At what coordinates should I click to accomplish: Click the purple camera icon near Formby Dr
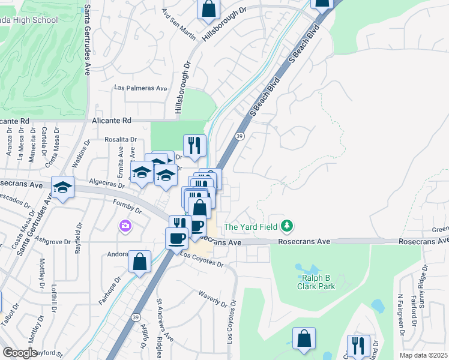pyautogui.click(x=125, y=226)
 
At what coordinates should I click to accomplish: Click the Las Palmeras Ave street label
pyautogui.click(x=141, y=88)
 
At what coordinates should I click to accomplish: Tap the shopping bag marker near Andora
pyautogui.click(x=139, y=262)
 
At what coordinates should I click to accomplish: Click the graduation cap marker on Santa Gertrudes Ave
pyautogui.click(x=62, y=187)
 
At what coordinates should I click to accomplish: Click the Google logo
pyautogui.click(x=20, y=353)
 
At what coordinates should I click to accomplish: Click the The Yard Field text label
pyautogui.click(x=252, y=227)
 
